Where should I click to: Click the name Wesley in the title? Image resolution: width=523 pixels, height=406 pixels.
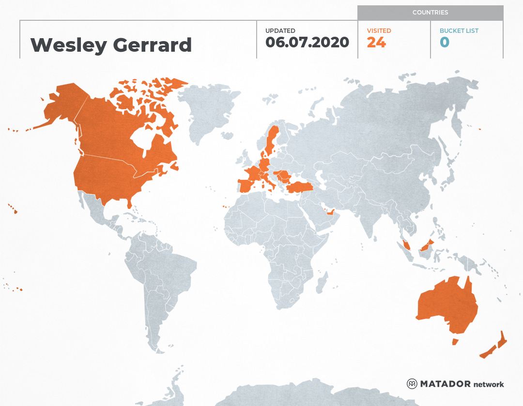pos(68,45)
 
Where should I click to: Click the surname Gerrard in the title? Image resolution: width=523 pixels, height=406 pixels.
pos(152,45)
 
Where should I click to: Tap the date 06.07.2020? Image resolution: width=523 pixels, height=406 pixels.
pos(307,43)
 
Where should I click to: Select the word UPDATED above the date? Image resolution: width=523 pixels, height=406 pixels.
pos(280,30)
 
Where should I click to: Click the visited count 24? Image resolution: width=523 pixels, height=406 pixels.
pos(376,43)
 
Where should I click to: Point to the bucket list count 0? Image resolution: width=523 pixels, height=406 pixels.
pos(445,43)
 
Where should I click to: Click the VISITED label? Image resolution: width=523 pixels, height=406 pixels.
pos(379,30)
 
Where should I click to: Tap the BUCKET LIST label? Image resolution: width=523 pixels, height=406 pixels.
pos(459,30)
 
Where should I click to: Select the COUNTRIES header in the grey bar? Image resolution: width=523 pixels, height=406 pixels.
pos(430,13)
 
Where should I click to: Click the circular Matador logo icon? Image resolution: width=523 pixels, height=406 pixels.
pos(412,384)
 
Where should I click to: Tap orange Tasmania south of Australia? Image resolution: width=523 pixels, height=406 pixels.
pos(455,342)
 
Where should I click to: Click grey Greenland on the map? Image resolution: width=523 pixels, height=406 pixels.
pos(208,111)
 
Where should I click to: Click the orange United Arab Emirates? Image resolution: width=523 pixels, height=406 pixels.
pos(331,212)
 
